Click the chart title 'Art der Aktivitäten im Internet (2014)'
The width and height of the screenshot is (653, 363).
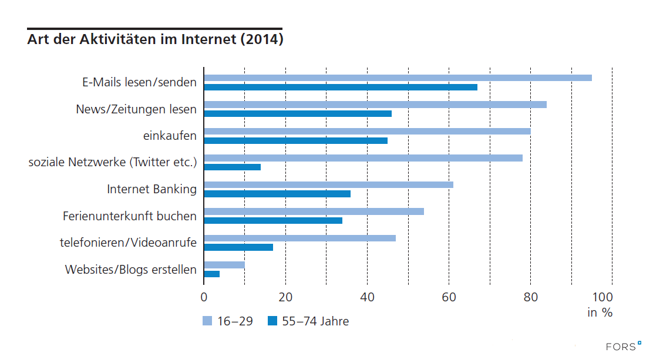click(155, 40)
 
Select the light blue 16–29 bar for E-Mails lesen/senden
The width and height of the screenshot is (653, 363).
click(398, 78)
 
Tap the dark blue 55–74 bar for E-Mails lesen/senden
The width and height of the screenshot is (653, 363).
click(341, 87)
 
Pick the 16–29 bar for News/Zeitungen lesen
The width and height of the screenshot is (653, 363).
click(375, 105)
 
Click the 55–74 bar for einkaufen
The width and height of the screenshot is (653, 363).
click(295, 140)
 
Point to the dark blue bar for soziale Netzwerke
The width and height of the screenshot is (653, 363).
click(232, 167)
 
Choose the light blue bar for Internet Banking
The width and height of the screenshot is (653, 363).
click(328, 184)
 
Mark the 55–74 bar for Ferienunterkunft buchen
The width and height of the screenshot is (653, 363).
click(273, 220)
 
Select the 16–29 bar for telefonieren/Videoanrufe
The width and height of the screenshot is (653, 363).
click(299, 238)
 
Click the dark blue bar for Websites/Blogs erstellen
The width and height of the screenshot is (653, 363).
click(211, 274)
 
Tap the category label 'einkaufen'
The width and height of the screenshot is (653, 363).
click(170, 136)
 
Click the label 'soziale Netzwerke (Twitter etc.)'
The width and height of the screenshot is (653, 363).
click(113, 162)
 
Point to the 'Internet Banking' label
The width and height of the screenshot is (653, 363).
click(152, 189)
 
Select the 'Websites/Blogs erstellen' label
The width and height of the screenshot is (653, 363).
click(130, 270)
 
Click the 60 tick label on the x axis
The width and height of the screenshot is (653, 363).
click(449, 296)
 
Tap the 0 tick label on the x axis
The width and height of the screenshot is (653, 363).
click(204, 296)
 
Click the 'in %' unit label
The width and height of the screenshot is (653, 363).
click(600, 312)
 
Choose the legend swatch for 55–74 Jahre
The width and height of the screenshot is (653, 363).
click(272, 321)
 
